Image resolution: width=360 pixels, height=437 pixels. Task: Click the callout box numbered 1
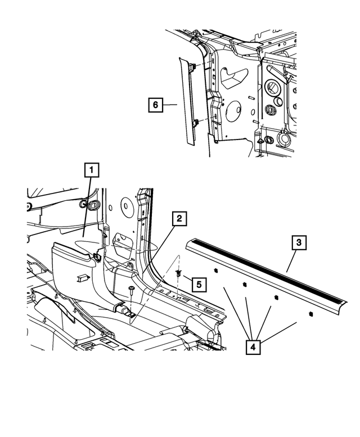pyautogui.click(x=92, y=170)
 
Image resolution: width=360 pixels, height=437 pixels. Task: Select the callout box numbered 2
pyautogui.click(x=179, y=219)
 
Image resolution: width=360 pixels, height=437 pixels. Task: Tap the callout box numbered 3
pyautogui.click(x=299, y=243)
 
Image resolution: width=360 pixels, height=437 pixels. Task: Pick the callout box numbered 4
pyautogui.click(x=253, y=347)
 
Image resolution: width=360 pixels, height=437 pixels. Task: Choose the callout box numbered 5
pyautogui.click(x=199, y=285)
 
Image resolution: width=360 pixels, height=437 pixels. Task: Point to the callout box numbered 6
pyautogui.click(x=155, y=105)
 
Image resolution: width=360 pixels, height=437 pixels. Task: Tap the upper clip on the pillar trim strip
pyautogui.click(x=192, y=67)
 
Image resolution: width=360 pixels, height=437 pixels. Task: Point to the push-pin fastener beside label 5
pyautogui.click(x=178, y=273)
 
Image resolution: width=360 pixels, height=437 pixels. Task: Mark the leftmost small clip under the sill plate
pyautogui.click(x=215, y=270)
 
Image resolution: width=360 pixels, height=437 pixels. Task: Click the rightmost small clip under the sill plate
pyautogui.click(x=310, y=314)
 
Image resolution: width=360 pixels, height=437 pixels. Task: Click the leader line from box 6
pyautogui.click(x=169, y=105)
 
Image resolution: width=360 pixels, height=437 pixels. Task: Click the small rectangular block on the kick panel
pyautogui.click(x=83, y=278)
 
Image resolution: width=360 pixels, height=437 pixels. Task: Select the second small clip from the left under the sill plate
pyautogui.click(x=245, y=284)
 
